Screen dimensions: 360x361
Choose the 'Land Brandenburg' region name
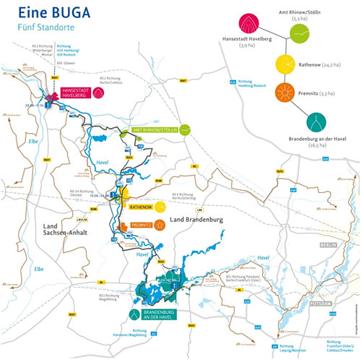[x=196, y=218]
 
